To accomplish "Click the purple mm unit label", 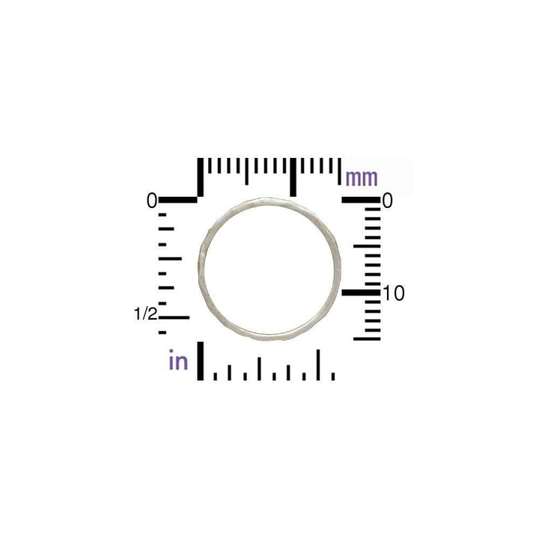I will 362,178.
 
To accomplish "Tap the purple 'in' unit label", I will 178,362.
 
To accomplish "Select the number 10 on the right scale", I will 394,293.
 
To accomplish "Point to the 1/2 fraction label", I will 146,314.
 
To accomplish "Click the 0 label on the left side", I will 152,201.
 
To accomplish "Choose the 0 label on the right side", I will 388,201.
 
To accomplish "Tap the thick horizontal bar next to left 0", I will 178,200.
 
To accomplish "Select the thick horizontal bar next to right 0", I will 361,200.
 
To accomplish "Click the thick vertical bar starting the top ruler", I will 200,177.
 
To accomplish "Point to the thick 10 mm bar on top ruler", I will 293,177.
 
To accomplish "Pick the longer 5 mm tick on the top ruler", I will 246,171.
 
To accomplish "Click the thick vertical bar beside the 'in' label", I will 200,361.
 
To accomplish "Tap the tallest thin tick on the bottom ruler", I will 319,365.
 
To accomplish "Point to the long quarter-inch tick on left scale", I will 171,258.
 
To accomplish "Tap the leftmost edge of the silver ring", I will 200,266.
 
